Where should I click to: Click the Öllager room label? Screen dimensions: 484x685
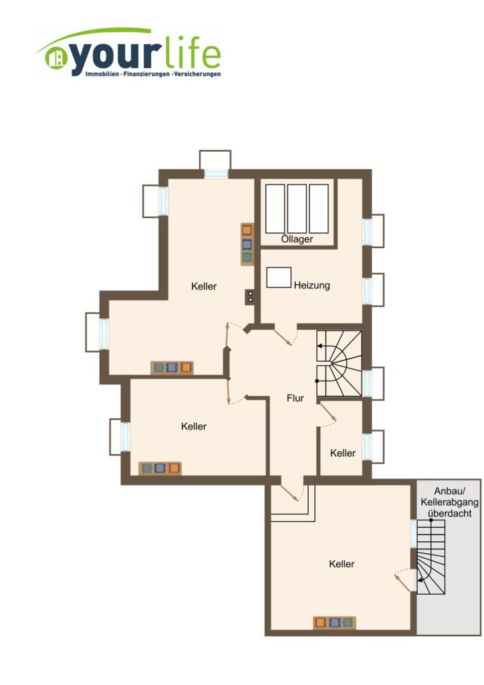[x=297, y=239]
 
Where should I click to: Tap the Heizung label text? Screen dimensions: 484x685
[x=312, y=285]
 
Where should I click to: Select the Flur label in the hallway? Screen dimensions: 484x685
[x=295, y=398]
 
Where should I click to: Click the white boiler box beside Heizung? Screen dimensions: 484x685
[x=279, y=278]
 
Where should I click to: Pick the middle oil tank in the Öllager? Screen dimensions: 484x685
[x=297, y=209]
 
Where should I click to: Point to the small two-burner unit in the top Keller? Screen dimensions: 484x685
[x=250, y=297]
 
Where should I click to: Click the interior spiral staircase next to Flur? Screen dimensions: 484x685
[x=340, y=363]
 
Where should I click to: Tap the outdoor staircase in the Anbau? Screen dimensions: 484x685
[x=431, y=557]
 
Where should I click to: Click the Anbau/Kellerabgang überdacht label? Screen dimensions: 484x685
[x=449, y=502]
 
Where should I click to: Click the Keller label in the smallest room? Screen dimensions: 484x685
[x=342, y=453]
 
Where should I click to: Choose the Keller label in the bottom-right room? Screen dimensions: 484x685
[x=342, y=564]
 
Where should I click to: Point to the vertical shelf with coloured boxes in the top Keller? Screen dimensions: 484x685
[x=247, y=244]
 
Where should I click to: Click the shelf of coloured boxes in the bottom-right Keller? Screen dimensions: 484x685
[x=334, y=623]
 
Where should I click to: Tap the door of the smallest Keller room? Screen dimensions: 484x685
[x=328, y=412]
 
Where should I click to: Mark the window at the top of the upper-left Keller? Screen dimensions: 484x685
[x=217, y=173]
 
